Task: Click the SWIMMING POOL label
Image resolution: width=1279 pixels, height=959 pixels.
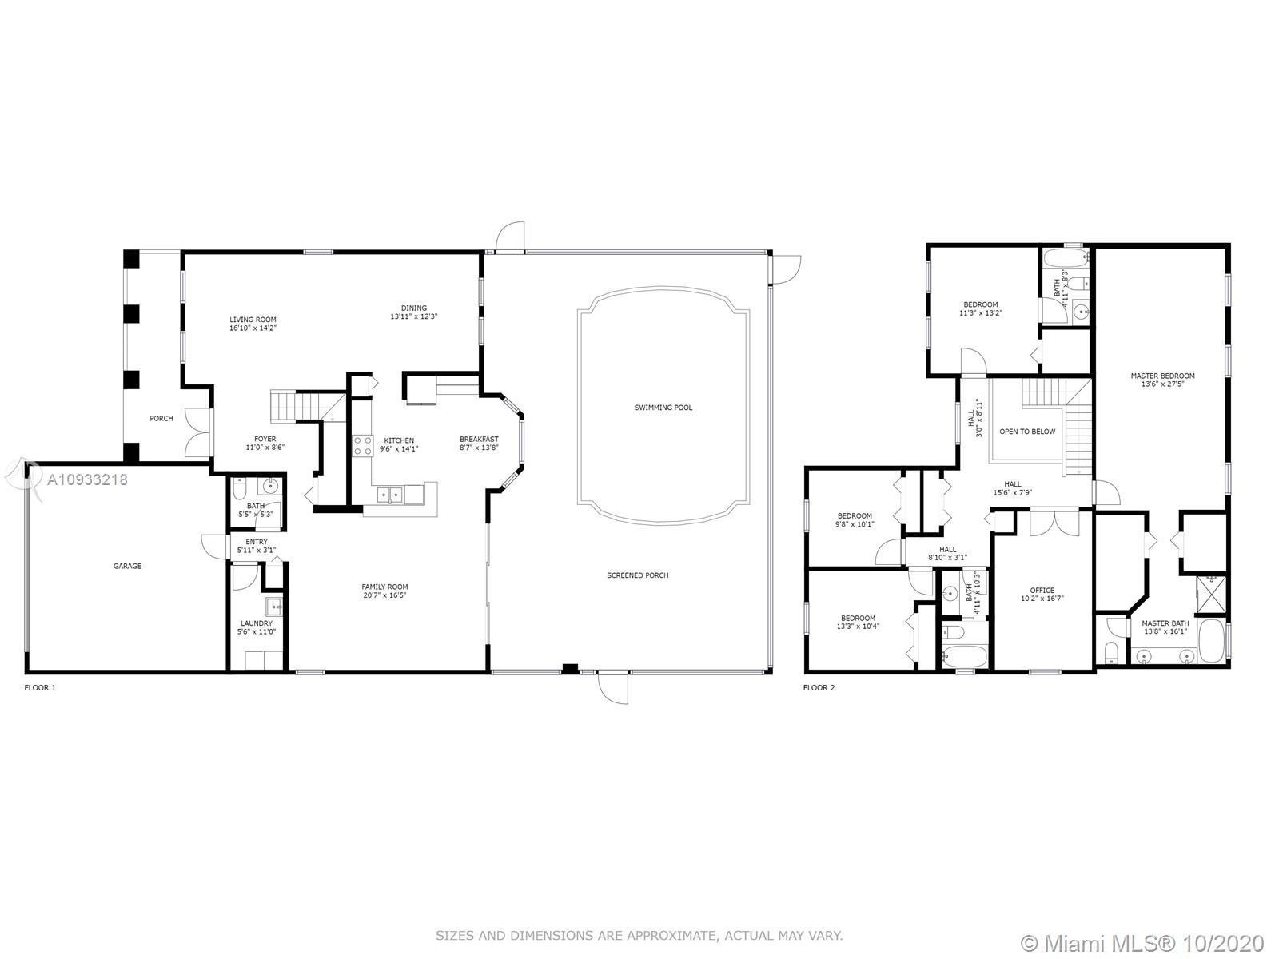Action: pos(663,408)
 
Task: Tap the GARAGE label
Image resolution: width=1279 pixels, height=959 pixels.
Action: pos(127,566)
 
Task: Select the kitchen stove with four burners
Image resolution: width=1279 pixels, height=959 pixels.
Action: pos(362,446)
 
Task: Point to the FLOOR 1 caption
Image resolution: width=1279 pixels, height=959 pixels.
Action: pos(40,687)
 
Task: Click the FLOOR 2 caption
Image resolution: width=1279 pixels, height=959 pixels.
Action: pos(819,687)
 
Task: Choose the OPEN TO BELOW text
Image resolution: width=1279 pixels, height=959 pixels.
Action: pos(1027,432)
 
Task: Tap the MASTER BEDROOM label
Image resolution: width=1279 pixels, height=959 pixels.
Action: pos(1162,376)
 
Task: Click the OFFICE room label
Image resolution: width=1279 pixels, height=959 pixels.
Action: pos(1042,591)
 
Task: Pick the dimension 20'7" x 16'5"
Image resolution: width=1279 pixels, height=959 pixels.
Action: pos(384,595)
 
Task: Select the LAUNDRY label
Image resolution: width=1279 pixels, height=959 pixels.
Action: pos(257,623)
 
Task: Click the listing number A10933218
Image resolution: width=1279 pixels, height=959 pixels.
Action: pos(87,479)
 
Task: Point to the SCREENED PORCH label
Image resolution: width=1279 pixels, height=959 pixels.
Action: pos(637,575)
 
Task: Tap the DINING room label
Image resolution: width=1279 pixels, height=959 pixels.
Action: pos(414,308)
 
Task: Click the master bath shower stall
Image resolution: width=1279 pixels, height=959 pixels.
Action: pos(1211,595)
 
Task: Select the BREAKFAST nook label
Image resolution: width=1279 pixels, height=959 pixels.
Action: pos(479,439)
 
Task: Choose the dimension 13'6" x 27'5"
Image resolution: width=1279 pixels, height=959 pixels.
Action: pos(1162,384)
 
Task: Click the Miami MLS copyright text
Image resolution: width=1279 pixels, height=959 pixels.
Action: pos(1142,943)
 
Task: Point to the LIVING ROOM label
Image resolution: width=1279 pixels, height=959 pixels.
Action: pos(253,320)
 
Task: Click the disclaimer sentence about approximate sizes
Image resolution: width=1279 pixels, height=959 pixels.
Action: pos(639,936)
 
